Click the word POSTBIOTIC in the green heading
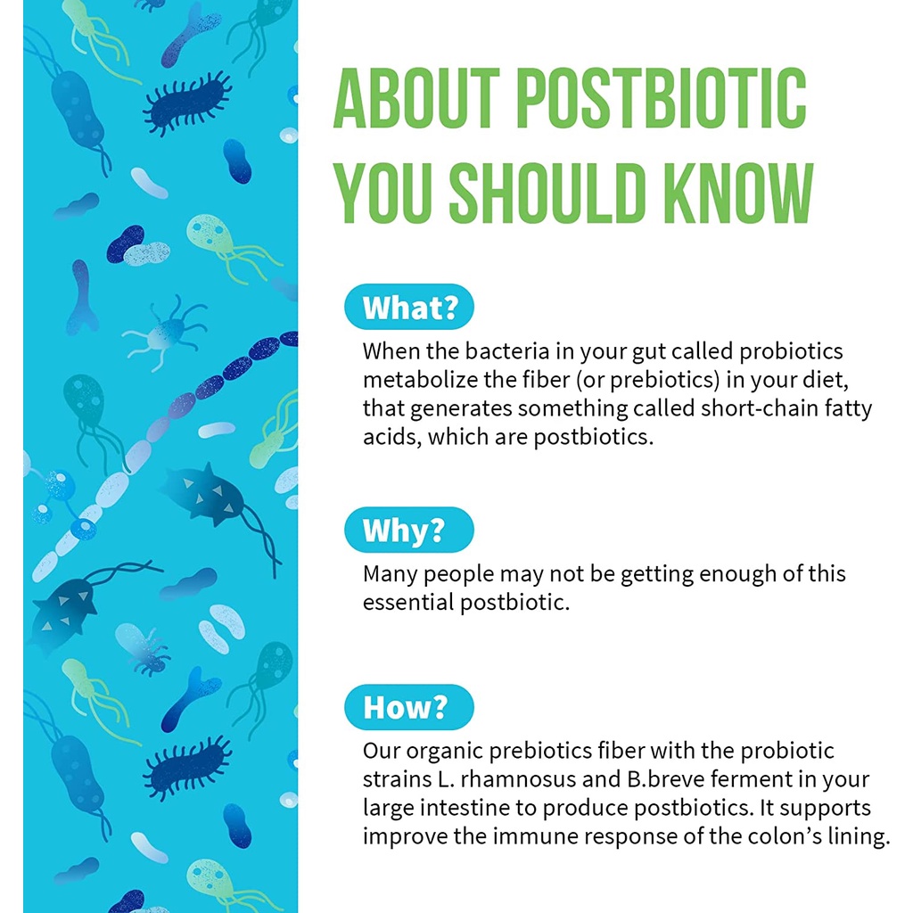point(661,98)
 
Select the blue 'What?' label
point(408,307)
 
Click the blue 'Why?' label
point(408,530)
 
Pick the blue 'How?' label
point(408,707)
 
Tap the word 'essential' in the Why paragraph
point(408,602)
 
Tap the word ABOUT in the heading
point(416,98)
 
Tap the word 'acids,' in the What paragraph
point(392,437)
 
